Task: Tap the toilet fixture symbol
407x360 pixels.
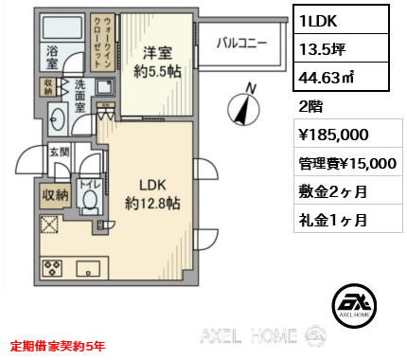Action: coord(93,199)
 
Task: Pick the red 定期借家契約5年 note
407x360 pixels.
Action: coord(58,345)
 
